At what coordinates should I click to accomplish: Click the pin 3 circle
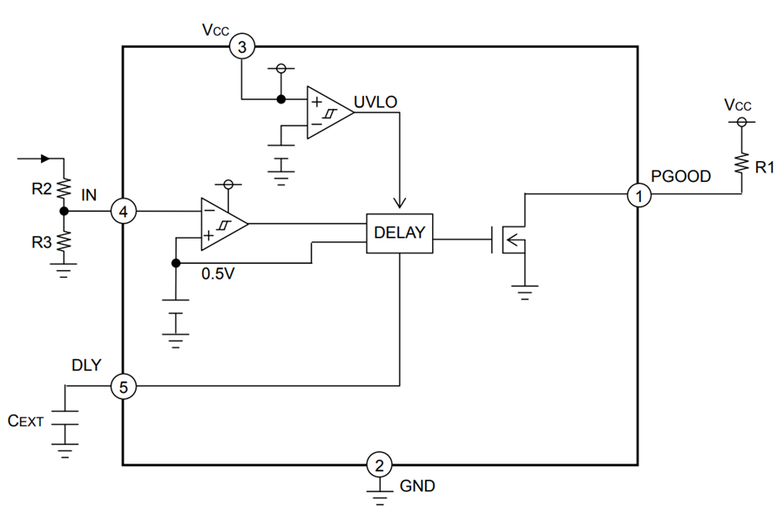pos(242,47)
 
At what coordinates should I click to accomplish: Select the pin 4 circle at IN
pos(124,212)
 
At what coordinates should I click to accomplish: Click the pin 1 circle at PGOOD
pos(639,196)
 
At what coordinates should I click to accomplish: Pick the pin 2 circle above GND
pos(378,463)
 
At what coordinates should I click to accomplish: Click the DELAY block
pos(399,233)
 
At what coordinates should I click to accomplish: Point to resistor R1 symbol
pos(741,164)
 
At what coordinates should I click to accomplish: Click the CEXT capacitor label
pos(26,421)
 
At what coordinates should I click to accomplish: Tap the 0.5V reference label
pos(218,274)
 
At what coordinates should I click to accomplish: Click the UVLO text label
pos(376,102)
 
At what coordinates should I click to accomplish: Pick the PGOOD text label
pos(680,176)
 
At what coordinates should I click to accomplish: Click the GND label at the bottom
pos(417,486)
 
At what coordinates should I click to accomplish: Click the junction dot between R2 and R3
pos(63,212)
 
